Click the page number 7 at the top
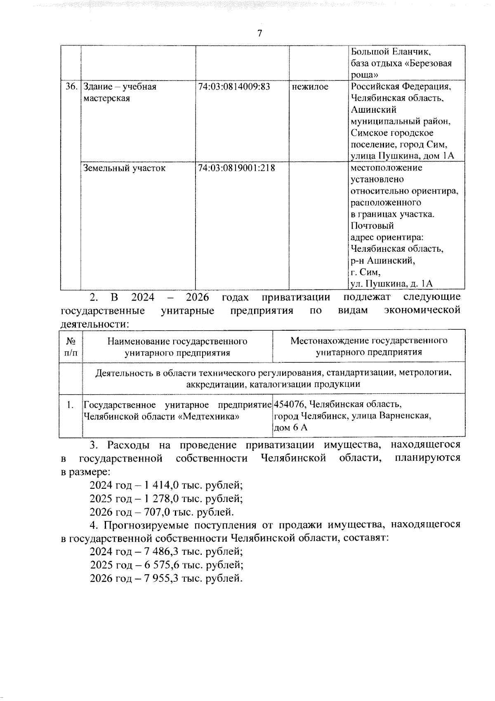pyautogui.click(x=259, y=33)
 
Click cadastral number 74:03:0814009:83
pyautogui.click(x=234, y=87)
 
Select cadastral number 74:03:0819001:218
pyautogui.click(x=236, y=168)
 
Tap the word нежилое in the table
pyautogui.click(x=310, y=87)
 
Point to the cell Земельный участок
pyautogui.click(x=124, y=168)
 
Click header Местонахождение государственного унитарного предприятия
pyautogui.click(x=369, y=346)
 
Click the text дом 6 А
pyautogui.click(x=291, y=428)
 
